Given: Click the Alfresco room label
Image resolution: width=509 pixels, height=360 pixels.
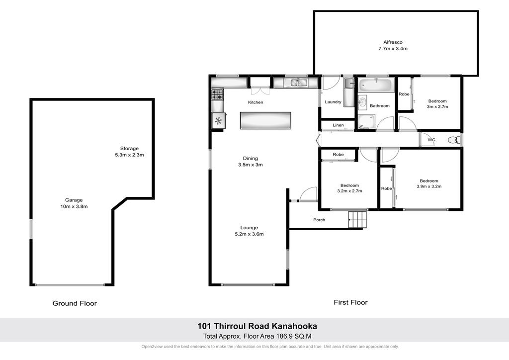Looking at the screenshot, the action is [393, 42].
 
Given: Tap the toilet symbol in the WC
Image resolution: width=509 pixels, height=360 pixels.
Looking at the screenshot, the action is [454, 140].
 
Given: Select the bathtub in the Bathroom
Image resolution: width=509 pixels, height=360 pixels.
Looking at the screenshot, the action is [376, 86].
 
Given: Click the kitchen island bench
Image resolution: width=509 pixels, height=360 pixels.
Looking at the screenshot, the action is [265, 120].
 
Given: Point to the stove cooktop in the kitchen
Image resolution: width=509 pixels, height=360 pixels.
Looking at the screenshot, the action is [217, 94].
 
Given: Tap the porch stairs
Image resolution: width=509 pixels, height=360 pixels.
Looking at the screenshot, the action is [357, 219].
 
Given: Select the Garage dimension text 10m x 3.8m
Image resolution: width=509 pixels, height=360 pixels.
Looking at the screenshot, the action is [74, 206].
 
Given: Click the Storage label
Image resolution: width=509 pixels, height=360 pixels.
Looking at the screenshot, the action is [129, 149].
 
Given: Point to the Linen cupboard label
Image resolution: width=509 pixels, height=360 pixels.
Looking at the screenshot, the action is [338, 125].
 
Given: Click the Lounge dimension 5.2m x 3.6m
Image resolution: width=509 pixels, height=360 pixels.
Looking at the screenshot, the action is [249, 234].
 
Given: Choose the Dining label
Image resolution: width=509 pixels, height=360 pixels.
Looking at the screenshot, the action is [251, 159].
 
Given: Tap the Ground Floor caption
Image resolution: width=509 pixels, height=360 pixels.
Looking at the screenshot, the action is [75, 303].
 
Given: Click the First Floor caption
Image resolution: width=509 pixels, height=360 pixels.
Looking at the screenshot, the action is [350, 302].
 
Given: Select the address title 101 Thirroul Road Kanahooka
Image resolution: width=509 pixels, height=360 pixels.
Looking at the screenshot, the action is [257, 326].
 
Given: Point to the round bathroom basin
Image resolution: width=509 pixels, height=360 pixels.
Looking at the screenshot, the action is [362, 101].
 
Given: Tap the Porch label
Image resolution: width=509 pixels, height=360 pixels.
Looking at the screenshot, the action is [319, 220].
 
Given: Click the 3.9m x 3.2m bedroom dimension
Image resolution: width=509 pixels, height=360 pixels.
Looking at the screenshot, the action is [429, 186].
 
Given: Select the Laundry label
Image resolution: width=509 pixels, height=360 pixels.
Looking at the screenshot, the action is [333, 102].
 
